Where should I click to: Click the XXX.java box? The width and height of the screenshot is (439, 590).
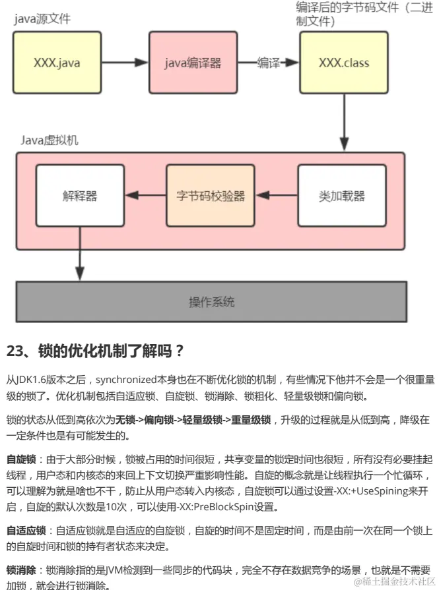(x=58, y=63)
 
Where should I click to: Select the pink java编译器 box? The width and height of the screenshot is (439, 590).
(x=193, y=63)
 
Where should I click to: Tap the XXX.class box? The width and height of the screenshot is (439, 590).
(x=344, y=63)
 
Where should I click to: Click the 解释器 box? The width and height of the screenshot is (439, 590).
(x=80, y=196)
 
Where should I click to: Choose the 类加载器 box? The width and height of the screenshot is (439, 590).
(x=341, y=196)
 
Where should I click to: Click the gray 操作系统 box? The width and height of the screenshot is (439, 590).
(x=211, y=303)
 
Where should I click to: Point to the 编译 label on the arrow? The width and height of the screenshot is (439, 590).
(x=268, y=63)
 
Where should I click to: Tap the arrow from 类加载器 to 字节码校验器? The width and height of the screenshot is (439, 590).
(x=276, y=196)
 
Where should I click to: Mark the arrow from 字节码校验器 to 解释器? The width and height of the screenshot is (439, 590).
(x=145, y=196)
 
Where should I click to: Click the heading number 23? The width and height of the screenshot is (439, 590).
(x=15, y=351)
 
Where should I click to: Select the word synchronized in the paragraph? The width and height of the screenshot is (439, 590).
(x=127, y=380)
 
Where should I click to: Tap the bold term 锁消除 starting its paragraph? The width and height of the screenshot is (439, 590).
(x=21, y=569)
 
